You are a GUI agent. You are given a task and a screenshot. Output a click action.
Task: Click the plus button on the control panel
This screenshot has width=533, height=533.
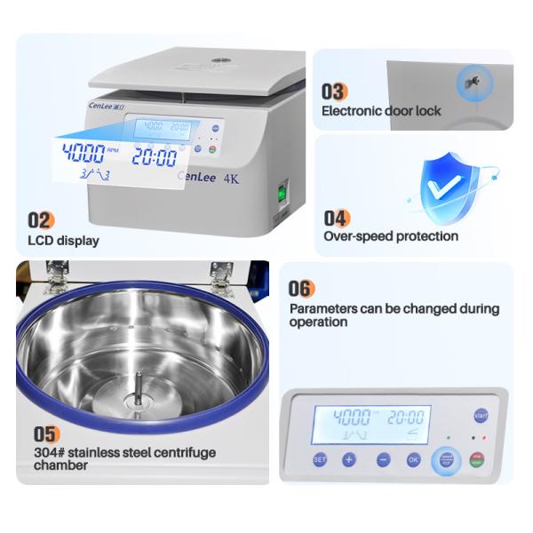coord(349,460)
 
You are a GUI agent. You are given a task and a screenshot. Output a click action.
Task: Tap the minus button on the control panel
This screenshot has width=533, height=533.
coord(382,460)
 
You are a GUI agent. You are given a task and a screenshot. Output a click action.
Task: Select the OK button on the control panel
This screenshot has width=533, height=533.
coord(413,460)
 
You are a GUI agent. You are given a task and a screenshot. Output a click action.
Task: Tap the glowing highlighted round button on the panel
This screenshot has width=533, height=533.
coord(446,460)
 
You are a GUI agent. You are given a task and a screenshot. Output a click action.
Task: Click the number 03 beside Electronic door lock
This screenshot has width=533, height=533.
coord(334,91)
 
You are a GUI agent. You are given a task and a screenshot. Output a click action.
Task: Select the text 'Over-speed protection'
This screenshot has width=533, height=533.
coord(391,236)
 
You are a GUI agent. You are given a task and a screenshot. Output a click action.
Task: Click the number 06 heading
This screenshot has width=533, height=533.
coord(301,289)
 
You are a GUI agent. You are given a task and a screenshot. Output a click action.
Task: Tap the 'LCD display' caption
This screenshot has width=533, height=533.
coord(63,241)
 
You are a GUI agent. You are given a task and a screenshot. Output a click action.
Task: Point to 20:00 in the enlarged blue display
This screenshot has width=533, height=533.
coord(155,157)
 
